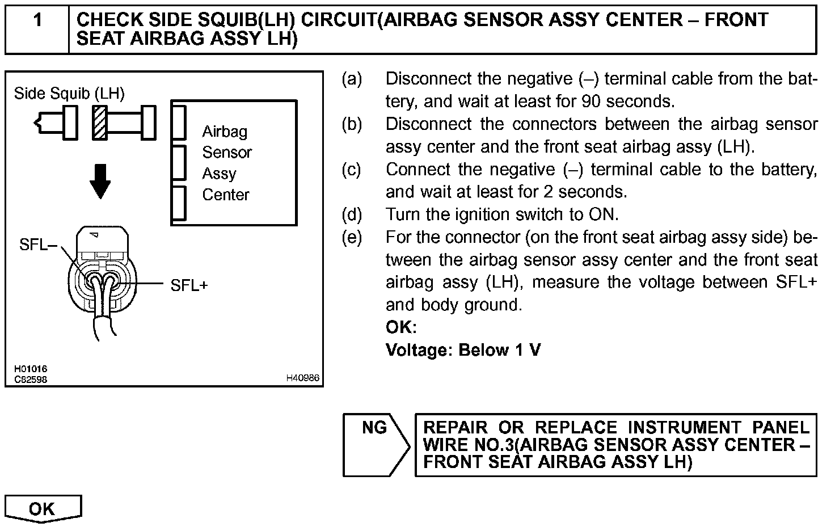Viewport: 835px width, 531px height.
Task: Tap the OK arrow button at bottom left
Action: (x=43, y=508)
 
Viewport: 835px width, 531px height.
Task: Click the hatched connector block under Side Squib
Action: (x=100, y=122)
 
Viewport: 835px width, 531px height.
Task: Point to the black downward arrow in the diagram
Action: (x=100, y=180)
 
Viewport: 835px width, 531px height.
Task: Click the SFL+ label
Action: (x=189, y=285)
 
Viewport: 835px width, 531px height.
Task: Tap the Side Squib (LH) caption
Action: (x=69, y=93)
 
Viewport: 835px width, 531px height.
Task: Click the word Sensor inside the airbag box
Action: (x=227, y=152)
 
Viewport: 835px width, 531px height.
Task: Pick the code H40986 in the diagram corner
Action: (x=302, y=378)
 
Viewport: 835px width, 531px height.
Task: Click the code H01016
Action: (x=31, y=369)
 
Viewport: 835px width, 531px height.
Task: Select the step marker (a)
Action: (x=352, y=79)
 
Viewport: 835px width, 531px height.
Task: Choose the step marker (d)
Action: (x=352, y=214)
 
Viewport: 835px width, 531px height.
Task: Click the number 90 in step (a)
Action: (x=592, y=102)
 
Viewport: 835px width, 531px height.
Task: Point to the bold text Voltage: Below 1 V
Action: (x=463, y=350)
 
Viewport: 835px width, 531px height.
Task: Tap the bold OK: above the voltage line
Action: (x=401, y=327)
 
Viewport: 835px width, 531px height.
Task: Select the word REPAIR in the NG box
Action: (x=456, y=427)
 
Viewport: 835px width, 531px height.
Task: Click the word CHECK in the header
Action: (x=109, y=20)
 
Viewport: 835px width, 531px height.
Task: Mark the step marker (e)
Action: (x=352, y=237)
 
